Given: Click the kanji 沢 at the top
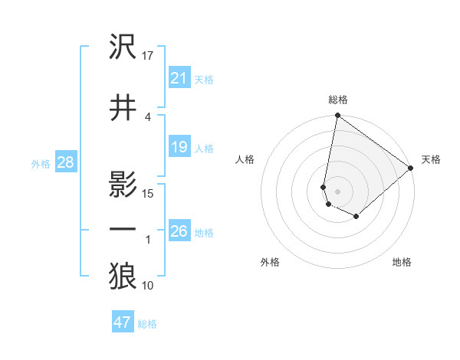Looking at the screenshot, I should coord(123,47).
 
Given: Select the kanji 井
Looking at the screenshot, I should coord(123,108).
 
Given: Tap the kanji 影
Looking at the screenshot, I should coord(123,185).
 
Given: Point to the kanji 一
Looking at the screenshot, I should coord(123,230).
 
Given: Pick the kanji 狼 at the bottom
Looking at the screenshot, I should coord(123,277).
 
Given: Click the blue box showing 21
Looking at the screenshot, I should coord(179,77).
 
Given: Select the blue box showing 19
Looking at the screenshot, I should coord(179,147).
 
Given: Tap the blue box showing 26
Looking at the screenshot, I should coord(179,231).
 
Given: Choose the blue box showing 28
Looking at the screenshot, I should coord(65,162).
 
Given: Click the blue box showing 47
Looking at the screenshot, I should coord(123,322).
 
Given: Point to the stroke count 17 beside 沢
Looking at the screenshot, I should coord(148,55).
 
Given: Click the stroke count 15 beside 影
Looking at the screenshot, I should coord(148,193).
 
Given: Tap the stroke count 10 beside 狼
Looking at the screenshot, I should coord(148,286).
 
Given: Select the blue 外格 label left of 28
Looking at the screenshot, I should coord(40,162).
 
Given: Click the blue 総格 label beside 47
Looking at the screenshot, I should coord(147,323).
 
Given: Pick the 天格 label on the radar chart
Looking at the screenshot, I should coord(431,159).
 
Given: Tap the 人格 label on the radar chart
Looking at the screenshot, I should coord(245,159).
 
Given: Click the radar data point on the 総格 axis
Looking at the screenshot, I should coord(337,116).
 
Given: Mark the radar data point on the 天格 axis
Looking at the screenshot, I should coord(411,169).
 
